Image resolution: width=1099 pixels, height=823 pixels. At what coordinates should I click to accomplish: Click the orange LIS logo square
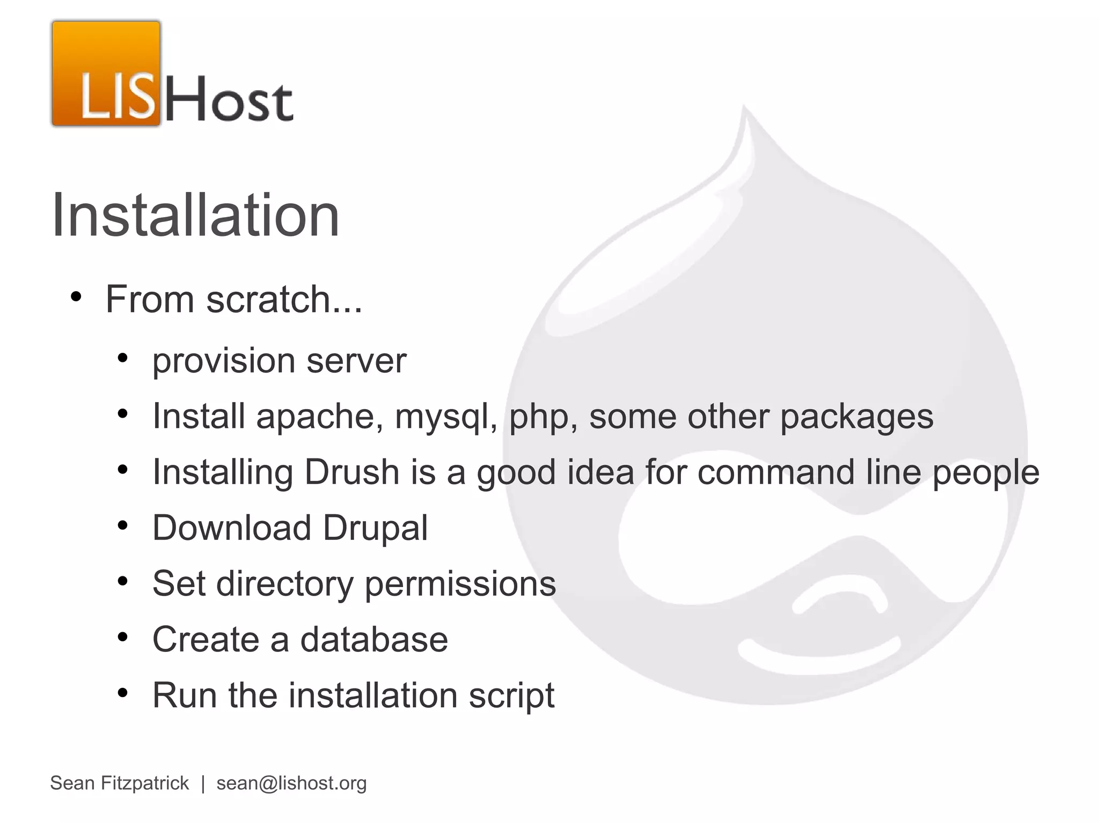coord(106,73)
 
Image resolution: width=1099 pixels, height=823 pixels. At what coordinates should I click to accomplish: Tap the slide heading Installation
coord(195,216)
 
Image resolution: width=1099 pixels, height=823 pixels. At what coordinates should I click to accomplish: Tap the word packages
coord(856,417)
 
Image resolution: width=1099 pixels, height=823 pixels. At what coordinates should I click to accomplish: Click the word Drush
coord(351,472)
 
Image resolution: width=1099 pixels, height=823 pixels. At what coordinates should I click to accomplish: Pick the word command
coord(775,472)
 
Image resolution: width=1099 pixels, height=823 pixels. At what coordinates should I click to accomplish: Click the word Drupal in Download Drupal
coord(375,529)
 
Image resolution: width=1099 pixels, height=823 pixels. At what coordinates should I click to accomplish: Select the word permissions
coord(460,584)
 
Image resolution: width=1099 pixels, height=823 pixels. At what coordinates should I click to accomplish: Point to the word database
coord(373,639)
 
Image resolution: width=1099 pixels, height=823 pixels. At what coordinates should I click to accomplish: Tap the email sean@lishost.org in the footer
coord(291,783)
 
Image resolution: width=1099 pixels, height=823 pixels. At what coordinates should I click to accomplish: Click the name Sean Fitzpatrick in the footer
coord(119,783)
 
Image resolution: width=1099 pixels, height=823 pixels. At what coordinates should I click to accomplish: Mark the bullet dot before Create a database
coord(123,637)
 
